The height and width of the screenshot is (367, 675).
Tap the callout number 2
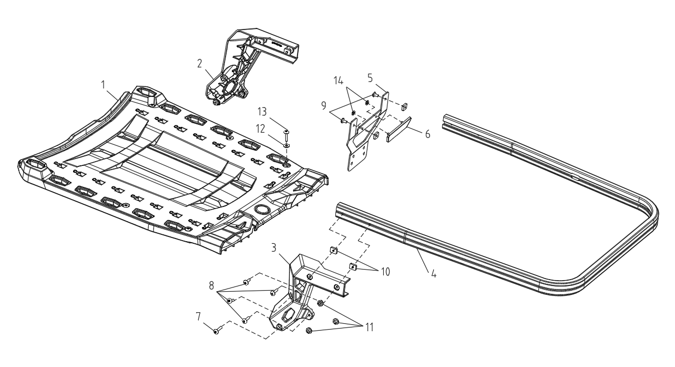click(x=200, y=63)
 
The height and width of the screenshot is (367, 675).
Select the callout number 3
click(x=273, y=248)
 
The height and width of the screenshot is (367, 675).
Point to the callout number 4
click(x=433, y=274)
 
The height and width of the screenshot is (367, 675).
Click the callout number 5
click(x=370, y=78)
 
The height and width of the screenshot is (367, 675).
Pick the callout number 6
click(x=427, y=134)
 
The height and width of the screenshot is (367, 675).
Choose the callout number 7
click(x=198, y=316)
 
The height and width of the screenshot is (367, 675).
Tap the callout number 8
click(x=211, y=285)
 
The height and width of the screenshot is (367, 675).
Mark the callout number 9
click(x=324, y=106)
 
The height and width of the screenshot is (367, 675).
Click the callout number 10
click(x=385, y=272)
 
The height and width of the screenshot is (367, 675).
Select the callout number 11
click(x=370, y=327)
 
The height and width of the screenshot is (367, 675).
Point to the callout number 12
click(x=260, y=129)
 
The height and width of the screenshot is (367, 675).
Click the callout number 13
click(x=262, y=112)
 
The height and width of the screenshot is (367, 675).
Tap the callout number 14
click(x=339, y=81)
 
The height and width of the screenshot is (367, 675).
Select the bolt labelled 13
click(x=286, y=135)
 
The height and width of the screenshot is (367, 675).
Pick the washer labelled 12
click(x=287, y=145)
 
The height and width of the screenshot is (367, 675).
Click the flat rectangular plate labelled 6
click(x=398, y=129)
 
